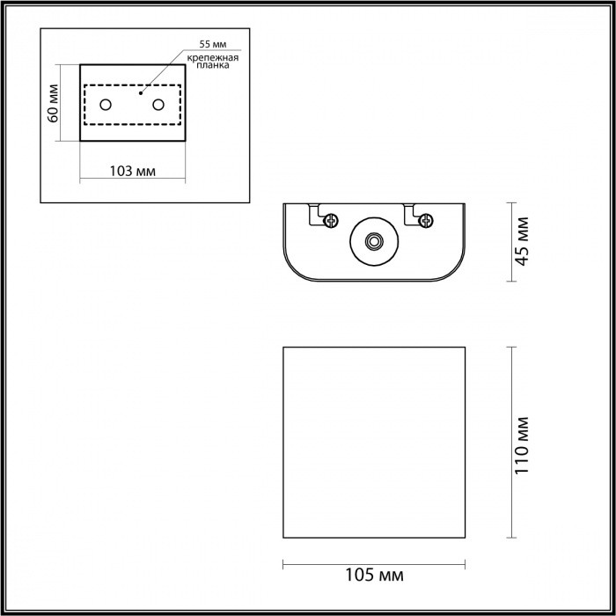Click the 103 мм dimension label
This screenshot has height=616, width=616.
(x=133, y=171)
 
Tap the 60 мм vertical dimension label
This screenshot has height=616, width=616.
(x=53, y=103)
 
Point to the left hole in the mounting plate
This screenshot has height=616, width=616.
(x=106, y=106)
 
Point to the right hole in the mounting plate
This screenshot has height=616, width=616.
(x=159, y=105)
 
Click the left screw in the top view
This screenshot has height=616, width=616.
(x=331, y=220)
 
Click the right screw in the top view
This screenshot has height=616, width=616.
(x=425, y=220)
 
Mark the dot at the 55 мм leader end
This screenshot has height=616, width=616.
(x=141, y=90)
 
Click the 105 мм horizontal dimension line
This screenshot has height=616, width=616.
(x=373, y=561)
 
